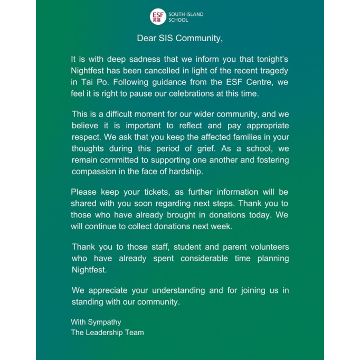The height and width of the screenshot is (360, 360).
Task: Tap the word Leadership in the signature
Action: [106, 332]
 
